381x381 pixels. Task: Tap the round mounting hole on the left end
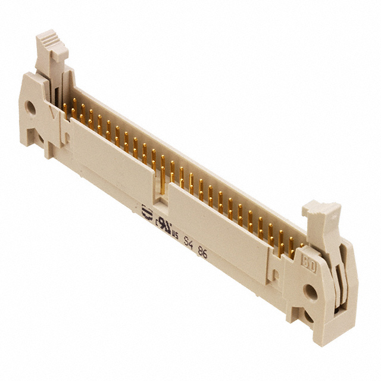pyautogui.click(x=29, y=108)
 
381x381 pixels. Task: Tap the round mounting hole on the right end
pyautogui.click(x=309, y=292)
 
